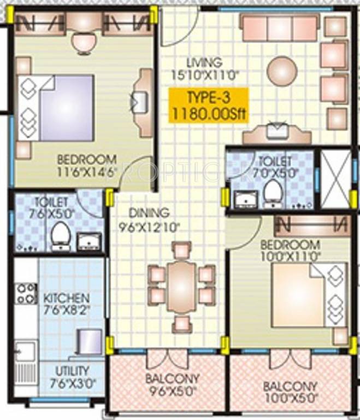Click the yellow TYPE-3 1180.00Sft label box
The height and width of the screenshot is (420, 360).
tap(208, 106)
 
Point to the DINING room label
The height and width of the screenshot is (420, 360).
tap(149, 212)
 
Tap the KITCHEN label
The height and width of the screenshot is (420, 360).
tap(67, 299)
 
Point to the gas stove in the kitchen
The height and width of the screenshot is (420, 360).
tap(25, 293)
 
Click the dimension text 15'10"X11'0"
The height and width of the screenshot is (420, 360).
tap(205, 75)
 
